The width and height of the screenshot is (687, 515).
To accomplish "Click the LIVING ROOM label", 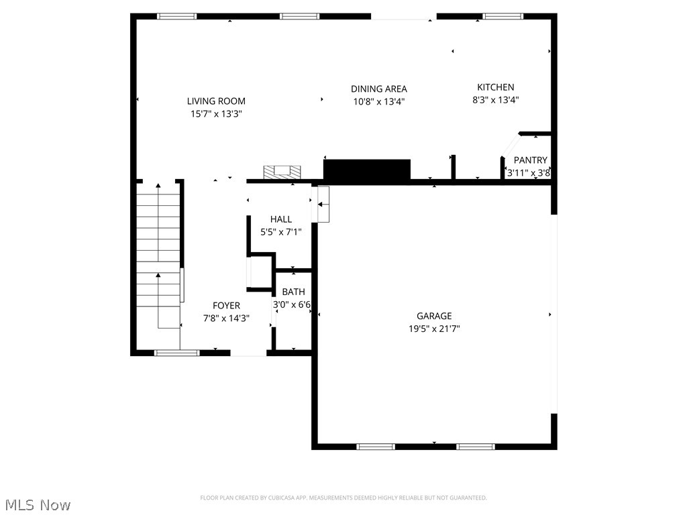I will coord(216,101).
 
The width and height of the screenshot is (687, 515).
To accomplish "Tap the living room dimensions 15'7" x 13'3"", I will coord(216,114).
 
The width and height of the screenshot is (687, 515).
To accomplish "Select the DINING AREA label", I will coord(378,89).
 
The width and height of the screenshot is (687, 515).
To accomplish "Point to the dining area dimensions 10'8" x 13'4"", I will coord(378,101).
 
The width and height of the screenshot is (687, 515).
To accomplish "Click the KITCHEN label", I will coord(495,87).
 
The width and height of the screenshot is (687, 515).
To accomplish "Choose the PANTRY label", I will coord(530,160).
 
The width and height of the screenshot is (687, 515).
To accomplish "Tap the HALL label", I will coord(281,219).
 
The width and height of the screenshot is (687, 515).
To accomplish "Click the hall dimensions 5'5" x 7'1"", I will coord(281,232).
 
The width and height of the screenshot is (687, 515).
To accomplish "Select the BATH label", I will coord(293,292).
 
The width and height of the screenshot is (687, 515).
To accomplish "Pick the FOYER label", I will coord(226,306).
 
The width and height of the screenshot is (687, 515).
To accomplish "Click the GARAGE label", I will coord(434,316).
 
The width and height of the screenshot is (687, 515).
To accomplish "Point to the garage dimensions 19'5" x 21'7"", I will coord(434,329).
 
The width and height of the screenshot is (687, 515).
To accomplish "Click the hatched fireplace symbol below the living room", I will coord(282,172).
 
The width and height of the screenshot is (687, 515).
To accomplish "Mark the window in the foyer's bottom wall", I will coord(177,352).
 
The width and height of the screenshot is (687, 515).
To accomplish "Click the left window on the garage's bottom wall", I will coord(376,446).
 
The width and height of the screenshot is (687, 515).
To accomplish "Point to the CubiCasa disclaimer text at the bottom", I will coord(343,498).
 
